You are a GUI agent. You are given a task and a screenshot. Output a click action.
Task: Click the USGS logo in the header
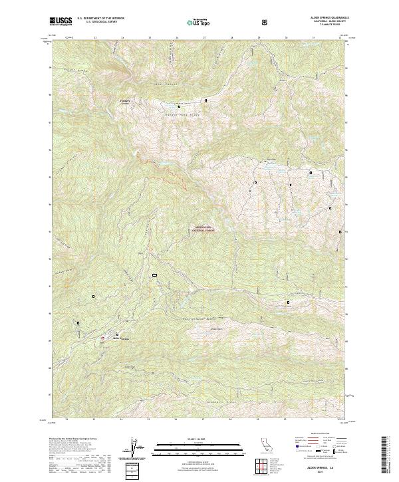point(61,22)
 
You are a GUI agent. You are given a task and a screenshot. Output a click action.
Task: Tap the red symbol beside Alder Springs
point(102,338)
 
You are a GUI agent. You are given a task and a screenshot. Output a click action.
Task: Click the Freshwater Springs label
point(125,102)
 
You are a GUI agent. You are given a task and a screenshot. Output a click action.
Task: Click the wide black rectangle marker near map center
point(155,274)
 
